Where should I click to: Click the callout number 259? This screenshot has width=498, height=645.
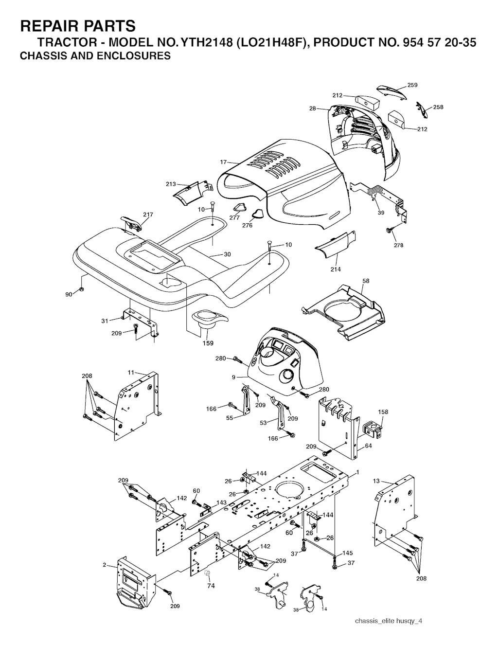tap(412, 85)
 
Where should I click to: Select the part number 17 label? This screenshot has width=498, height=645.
tap(223, 162)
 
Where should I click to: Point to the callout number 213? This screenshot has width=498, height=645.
tap(171, 184)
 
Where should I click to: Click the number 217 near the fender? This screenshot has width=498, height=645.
tap(148, 215)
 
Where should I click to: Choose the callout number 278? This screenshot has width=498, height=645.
tap(399, 245)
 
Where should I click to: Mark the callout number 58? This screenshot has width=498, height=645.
tap(366, 281)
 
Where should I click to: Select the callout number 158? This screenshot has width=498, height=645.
tap(383, 412)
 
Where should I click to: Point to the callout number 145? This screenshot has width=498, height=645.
tap(348, 553)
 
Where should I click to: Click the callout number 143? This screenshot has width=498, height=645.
tap(221, 502)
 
